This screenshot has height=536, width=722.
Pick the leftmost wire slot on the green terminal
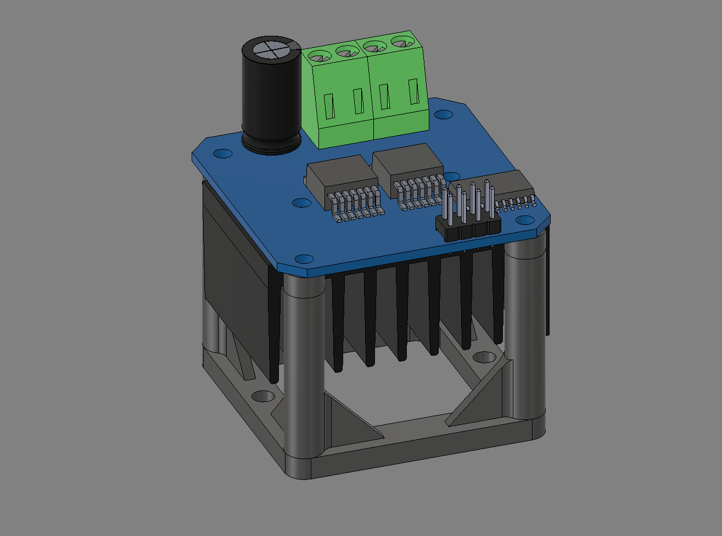coord(329,106)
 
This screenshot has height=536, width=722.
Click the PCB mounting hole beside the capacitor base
coord(222,153)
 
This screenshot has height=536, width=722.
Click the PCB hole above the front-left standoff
coord(303,258)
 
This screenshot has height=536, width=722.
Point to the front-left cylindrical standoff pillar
coord(304,368)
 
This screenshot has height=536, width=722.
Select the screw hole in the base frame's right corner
coord(483,358)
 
